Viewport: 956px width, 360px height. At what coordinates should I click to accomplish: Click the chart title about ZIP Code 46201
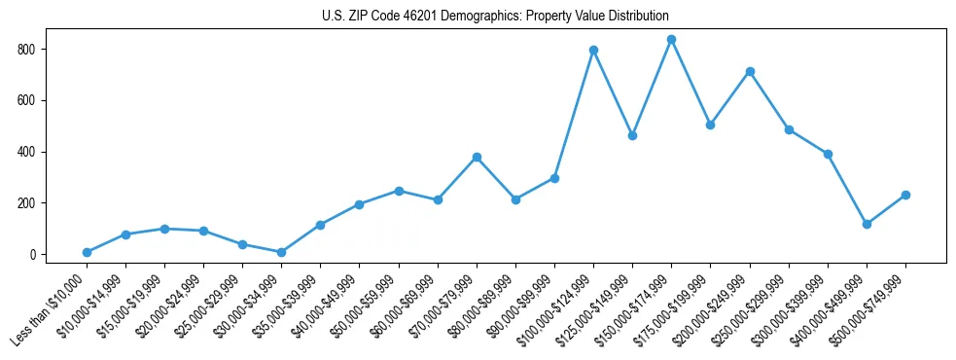(x=495, y=17)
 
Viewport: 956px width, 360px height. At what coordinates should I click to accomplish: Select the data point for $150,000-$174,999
(x=671, y=40)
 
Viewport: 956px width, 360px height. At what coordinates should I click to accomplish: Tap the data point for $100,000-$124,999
(x=593, y=50)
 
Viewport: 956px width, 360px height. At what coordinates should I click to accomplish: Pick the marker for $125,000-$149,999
(x=632, y=135)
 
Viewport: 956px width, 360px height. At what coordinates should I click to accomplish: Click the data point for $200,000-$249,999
(x=750, y=71)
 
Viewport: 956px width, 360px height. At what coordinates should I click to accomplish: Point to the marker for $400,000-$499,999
(x=867, y=224)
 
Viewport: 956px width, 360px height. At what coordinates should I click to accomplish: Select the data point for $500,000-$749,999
(x=905, y=195)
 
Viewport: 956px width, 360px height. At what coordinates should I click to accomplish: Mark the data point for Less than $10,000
(x=87, y=252)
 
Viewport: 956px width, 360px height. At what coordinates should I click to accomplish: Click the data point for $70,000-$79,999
(x=477, y=157)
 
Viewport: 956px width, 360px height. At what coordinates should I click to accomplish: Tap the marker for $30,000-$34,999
(x=281, y=252)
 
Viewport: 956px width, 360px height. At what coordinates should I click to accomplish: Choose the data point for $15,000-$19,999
(x=164, y=229)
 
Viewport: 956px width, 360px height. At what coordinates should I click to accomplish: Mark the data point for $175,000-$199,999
(x=710, y=125)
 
